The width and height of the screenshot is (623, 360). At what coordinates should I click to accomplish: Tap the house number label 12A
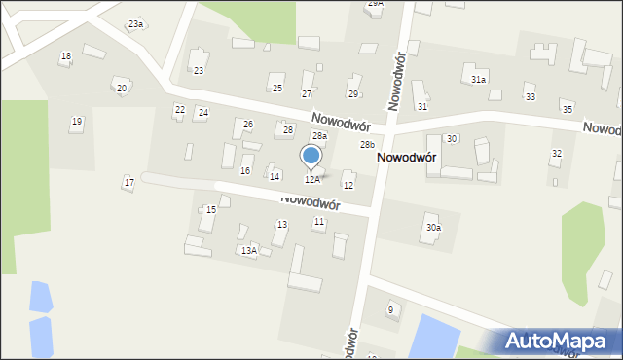pyautogui.click(x=311, y=180)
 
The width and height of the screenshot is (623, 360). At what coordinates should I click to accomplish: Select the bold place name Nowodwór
pyautogui.click(x=406, y=157)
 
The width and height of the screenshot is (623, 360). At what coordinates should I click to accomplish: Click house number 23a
pyautogui.click(x=135, y=23)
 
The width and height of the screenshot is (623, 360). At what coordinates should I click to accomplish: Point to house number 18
pyautogui.click(x=65, y=56)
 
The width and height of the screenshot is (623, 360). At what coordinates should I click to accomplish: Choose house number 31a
pyautogui.click(x=478, y=79)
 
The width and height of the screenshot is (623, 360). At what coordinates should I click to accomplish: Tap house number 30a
pyautogui.click(x=433, y=228)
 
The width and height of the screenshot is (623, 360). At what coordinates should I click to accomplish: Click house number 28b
pyautogui.click(x=367, y=145)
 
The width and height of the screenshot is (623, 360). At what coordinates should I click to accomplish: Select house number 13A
pyautogui.click(x=249, y=251)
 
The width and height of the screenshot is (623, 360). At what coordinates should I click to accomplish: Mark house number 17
pyautogui.click(x=128, y=182)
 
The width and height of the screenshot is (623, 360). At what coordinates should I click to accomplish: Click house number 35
pyautogui.click(x=568, y=108)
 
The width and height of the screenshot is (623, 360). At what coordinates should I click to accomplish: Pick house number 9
pyautogui.click(x=390, y=309)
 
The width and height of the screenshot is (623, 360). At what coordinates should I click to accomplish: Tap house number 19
pyautogui.click(x=76, y=122)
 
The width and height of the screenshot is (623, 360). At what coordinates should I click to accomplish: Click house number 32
pyautogui.click(x=557, y=154)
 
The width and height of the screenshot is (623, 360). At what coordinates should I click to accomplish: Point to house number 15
pyautogui.click(x=211, y=210)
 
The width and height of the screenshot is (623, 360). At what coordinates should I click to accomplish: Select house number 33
pyautogui.click(x=530, y=97)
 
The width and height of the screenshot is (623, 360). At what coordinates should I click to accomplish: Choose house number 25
pyautogui.click(x=277, y=89)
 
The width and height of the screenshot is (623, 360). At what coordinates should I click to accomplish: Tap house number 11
pyautogui.click(x=318, y=222)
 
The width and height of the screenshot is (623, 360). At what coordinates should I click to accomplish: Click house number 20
pyautogui.click(x=122, y=89)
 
